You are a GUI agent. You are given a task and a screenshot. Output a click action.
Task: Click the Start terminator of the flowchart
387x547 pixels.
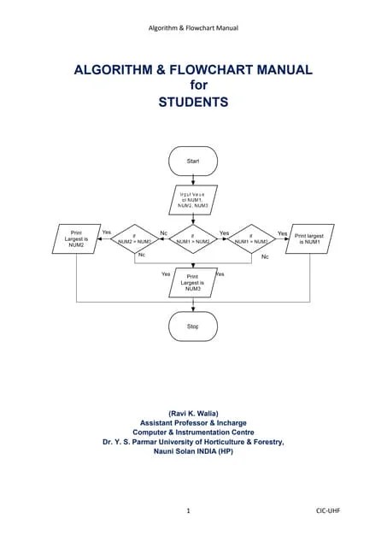193,161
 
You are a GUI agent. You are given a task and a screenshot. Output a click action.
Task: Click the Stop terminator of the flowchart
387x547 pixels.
193,326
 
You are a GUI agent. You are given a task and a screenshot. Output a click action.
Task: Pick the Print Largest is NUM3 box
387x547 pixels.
193,283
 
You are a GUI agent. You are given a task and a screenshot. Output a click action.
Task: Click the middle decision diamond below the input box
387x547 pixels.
193,239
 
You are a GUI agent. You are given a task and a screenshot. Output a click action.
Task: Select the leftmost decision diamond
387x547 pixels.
135,239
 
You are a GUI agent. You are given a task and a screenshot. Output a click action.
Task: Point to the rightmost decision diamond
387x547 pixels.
252,239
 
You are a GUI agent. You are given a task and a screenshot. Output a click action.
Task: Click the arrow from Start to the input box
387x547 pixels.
193,180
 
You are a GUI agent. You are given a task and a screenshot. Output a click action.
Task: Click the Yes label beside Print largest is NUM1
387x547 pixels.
282,232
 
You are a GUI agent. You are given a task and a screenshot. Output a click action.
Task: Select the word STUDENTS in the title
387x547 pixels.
193,102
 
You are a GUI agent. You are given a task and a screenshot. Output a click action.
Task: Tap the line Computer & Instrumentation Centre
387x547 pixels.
193,432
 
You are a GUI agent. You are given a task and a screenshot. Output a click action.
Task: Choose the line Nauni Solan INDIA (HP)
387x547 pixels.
193,451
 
